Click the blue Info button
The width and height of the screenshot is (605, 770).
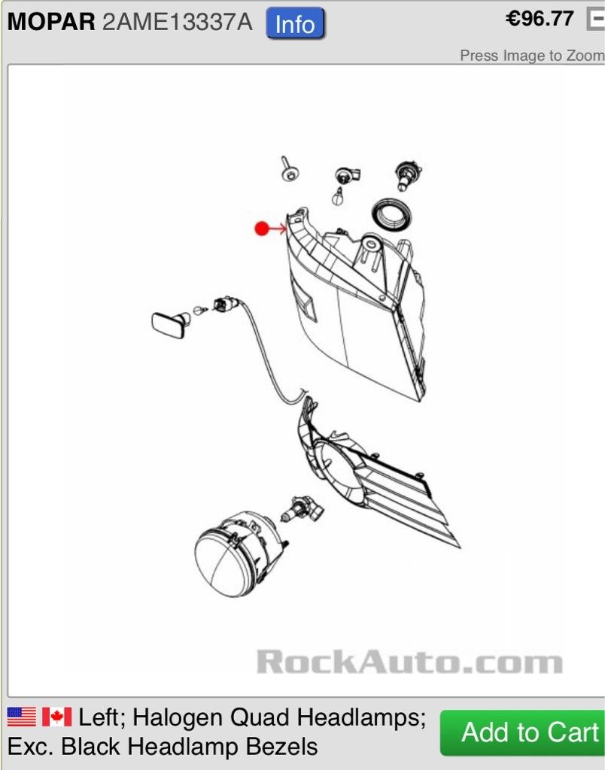295,23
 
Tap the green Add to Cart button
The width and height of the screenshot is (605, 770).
523,732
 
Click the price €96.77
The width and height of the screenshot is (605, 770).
540,19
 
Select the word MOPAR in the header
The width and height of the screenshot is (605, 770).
51,22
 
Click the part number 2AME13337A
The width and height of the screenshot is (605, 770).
178,22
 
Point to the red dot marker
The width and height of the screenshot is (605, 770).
262,229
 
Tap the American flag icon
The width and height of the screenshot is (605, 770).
22,717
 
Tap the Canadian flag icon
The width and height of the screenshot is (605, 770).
56,717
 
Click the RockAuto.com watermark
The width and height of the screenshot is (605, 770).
409,662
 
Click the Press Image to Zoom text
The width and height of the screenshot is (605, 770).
532,56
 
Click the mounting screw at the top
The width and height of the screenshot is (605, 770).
289,169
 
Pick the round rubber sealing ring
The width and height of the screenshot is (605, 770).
391,214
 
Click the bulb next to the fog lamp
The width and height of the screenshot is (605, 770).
302,510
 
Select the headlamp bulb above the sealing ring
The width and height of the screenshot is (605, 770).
407,175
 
